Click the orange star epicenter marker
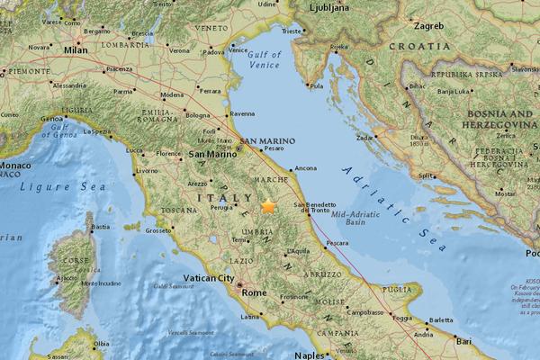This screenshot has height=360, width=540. tap(268, 206)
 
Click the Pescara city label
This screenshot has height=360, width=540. tap(337, 243)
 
